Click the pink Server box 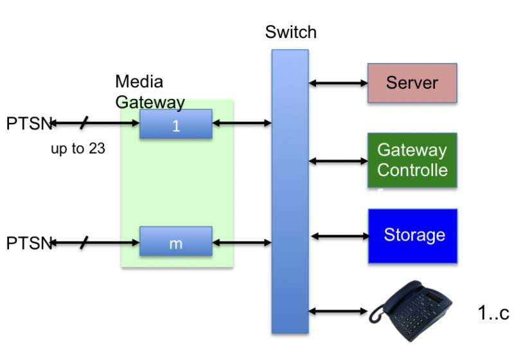coord(412,83)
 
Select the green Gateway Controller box coord(412,160)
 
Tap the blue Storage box coord(412,235)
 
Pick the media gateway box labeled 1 coord(175,124)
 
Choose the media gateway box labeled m coord(175,242)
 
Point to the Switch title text coord(290,32)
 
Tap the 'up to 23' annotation coord(78,149)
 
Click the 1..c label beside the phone coord(493,313)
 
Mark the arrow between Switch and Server coord(338,83)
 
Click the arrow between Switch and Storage coord(339,236)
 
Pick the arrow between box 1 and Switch coord(242,123)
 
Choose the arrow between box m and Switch coord(242,242)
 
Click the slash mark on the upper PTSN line coord(84,122)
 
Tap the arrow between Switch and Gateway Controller coord(338,161)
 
